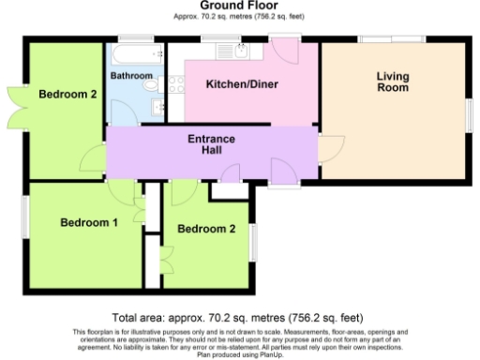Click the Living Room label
tap(393, 82)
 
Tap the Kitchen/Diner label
tap(242, 84)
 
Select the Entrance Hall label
tap(212, 145)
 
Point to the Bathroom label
tap(130, 75)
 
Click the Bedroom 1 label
tap(89, 223)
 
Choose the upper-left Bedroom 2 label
tap(68, 94)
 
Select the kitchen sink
tap(241, 51)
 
